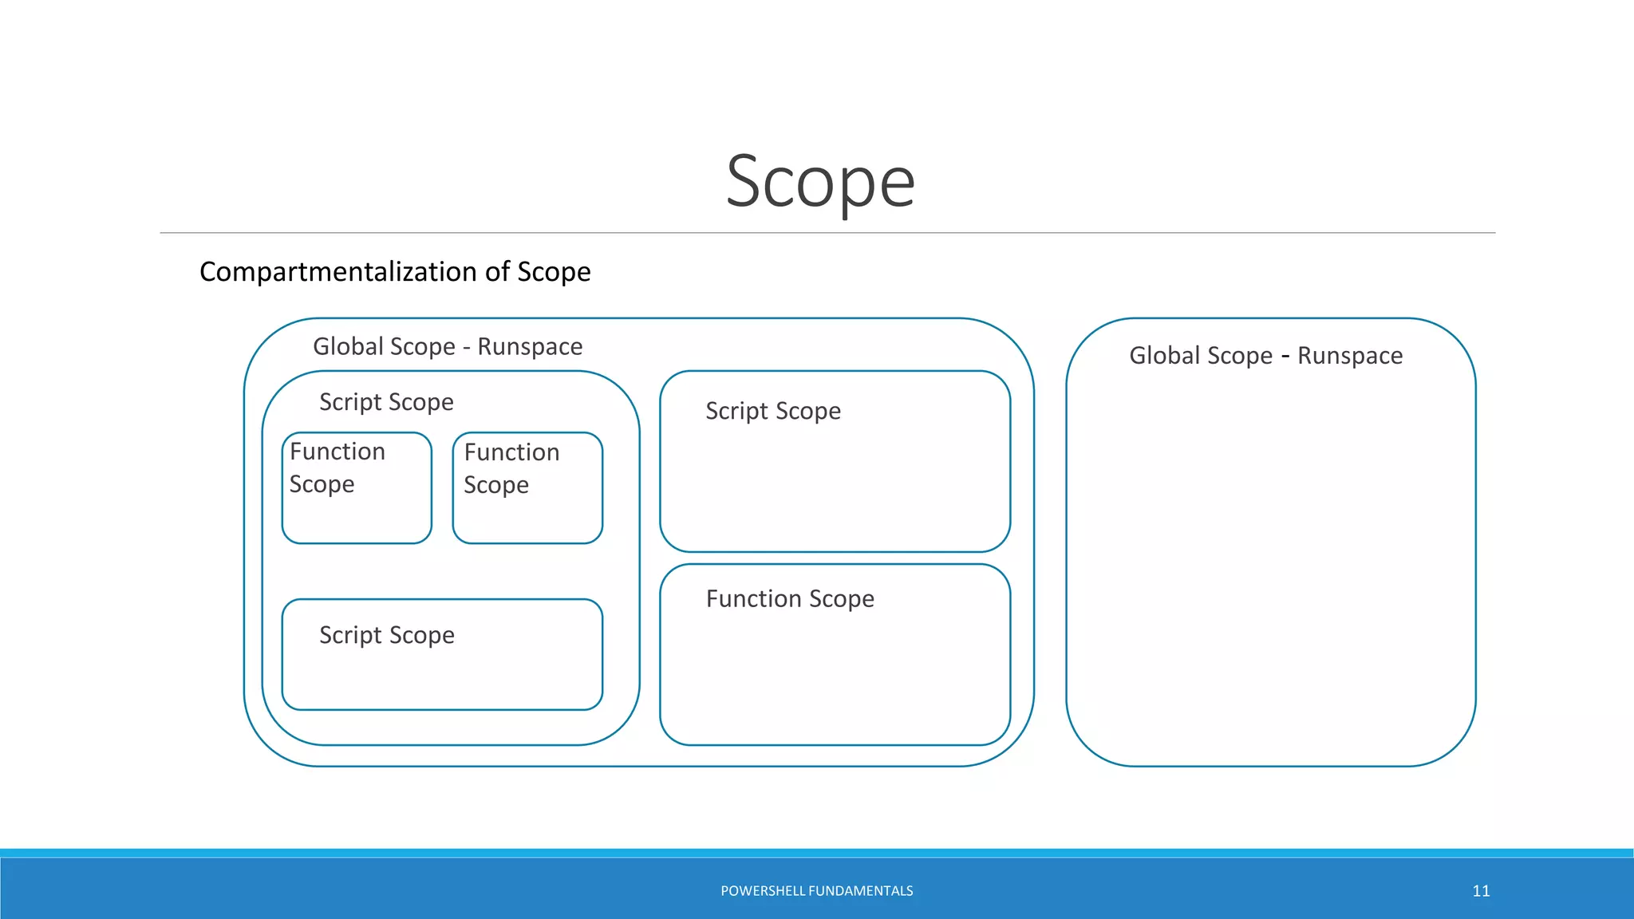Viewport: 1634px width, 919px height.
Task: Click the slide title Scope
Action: pos(820,182)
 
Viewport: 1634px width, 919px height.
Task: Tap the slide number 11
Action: pos(1481,891)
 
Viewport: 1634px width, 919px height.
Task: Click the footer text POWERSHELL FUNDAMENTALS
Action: pos(816,891)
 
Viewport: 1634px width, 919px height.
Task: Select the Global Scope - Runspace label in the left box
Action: pos(447,347)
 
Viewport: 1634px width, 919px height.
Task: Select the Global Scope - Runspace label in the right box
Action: pos(1265,356)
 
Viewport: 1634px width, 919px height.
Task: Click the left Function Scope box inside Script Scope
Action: pos(357,488)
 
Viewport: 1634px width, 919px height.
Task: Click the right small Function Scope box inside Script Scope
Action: pos(527,488)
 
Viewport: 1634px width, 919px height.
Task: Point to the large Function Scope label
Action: pos(790,599)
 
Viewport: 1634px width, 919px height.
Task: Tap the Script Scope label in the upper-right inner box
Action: pos(773,412)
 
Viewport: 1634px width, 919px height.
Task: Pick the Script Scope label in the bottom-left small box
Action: pos(387,636)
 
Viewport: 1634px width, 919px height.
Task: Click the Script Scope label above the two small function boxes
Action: pos(386,402)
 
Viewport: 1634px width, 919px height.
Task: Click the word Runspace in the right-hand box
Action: pos(1350,356)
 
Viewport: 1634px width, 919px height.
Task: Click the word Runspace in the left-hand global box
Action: pos(530,347)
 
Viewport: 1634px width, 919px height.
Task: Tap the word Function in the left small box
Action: pos(337,452)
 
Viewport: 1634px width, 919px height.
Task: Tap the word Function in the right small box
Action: pos(511,452)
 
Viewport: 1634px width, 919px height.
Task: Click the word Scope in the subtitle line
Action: pos(554,272)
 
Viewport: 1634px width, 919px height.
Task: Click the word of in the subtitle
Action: pos(497,272)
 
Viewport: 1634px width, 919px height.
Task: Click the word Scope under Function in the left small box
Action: pos(322,485)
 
